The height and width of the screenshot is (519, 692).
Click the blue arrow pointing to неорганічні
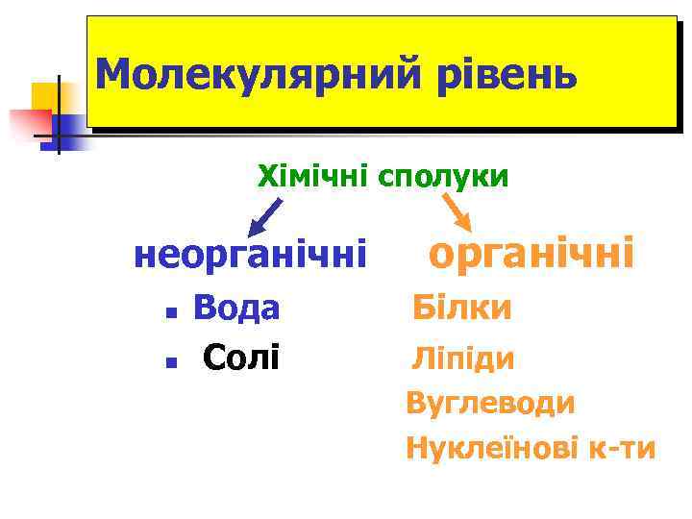265,216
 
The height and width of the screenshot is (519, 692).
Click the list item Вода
236,309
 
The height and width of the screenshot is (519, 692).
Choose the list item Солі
241,358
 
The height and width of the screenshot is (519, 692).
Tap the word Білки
461,309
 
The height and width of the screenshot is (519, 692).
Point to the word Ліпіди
463,359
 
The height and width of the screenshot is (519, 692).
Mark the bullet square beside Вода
168,312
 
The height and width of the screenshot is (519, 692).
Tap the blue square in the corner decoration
69,126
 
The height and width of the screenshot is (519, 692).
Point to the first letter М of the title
114,74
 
